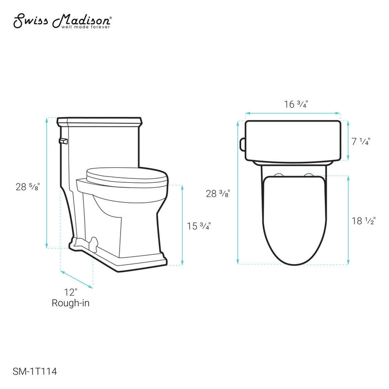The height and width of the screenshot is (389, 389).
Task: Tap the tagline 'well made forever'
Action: click(86, 27)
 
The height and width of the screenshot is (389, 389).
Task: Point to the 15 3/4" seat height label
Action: click(199, 226)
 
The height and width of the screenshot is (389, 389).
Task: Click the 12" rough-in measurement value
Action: click(71, 292)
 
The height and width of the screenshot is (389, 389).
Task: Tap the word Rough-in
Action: click(71, 303)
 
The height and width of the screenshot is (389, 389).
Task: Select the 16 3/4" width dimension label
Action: click(296, 104)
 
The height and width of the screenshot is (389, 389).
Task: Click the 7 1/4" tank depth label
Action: click(360, 141)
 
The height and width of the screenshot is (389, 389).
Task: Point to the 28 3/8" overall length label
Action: click(217, 194)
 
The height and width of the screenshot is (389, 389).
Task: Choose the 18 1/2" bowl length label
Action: click(363, 221)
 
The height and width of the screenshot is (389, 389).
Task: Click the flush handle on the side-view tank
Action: click(62, 141)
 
